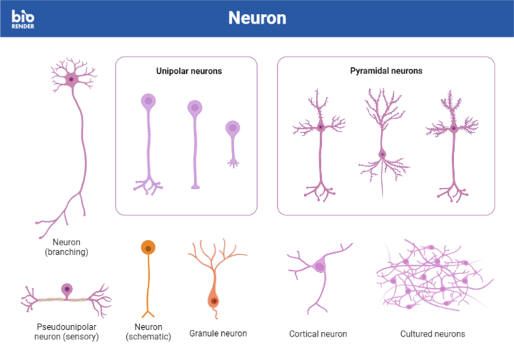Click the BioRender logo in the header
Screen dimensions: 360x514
[x=23, y=19]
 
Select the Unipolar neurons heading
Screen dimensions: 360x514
[x=189, y=71]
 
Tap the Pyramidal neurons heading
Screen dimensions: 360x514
[x=386, y=71]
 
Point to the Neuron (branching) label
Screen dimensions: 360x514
[x=66, y=247]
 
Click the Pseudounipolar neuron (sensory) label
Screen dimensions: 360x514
[x=67, y=331]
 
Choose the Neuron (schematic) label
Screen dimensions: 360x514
[x=148, y=331]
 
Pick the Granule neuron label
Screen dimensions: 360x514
[x=218, y=334]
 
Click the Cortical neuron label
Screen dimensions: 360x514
[x=318, y=334]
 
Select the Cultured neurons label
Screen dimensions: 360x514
[x=432, y=334]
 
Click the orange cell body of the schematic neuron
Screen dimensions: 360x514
[x=148, y=248]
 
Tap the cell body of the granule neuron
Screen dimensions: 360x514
[x=213, y=300]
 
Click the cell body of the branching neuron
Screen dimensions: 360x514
[x=71, y=79]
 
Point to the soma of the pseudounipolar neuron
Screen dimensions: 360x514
[x=67, y=289]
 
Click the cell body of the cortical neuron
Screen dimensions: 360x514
[x=319, y=266]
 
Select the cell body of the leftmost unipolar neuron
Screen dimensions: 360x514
[x=148, y=101]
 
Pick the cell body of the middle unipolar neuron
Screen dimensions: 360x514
[x=195, y=109]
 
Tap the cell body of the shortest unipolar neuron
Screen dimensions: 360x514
[x=233, y=129]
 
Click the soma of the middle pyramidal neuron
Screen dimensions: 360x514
[x=382, y=154]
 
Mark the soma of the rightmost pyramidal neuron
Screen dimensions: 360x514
[x=453, y=129]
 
